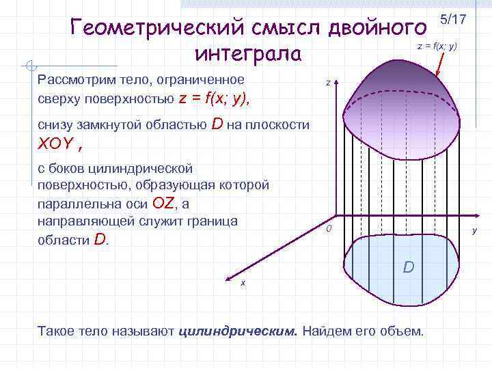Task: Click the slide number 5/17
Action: coord(453,19)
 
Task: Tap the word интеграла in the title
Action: coord(247,53)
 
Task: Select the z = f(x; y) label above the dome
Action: coord(437,46)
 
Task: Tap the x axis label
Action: coord(243,283)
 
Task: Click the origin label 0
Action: coord(328,228)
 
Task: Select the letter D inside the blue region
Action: coord(408,266)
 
